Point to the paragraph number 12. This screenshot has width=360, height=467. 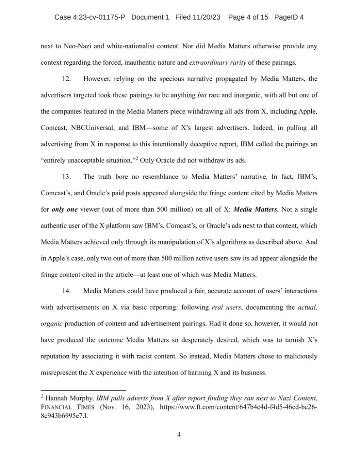(x=67, y=79)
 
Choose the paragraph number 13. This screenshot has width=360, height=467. (x=67, y=176)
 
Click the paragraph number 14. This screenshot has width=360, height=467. (x=67, y=291)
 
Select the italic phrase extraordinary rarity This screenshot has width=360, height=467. (x=218, y=62)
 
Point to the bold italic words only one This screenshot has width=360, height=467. (x=66, y=209)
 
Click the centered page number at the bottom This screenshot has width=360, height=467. (x=179, y=434)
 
